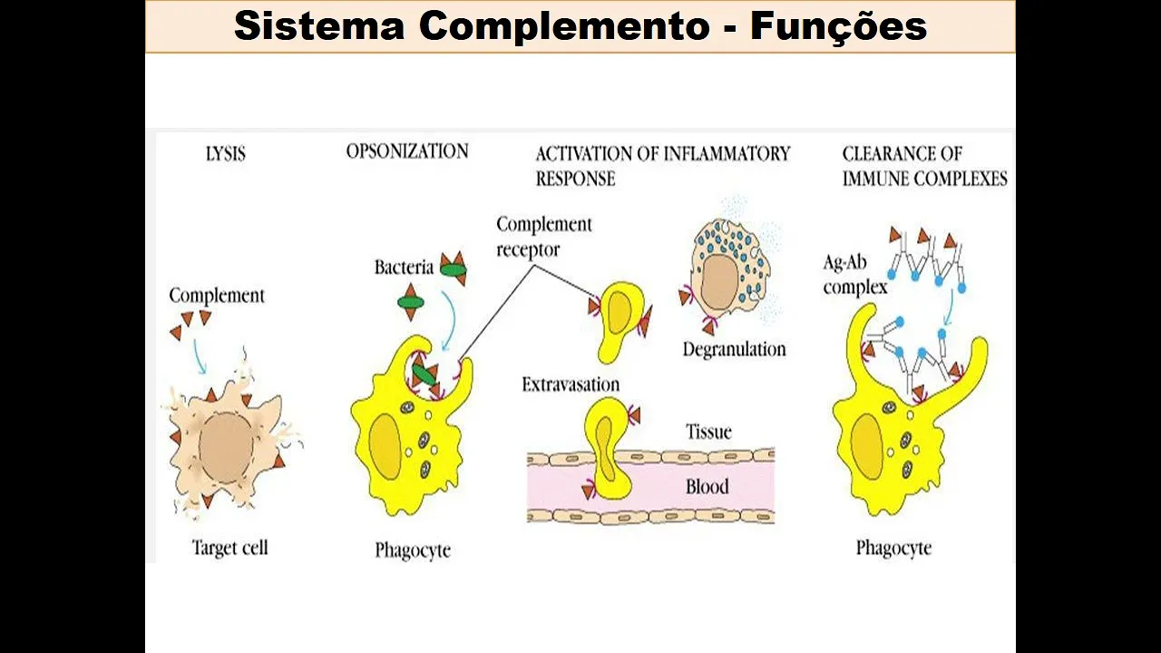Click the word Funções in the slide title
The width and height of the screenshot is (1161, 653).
click(x=838, y=25)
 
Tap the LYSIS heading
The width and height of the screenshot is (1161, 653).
click(x=225, y=153)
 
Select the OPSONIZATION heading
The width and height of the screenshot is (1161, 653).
click(x=407, y=151)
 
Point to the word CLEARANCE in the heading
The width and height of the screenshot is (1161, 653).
click(x=902, y=153)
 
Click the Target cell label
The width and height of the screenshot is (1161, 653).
click(x=229, y=548)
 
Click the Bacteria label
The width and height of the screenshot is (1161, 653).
click(x=404, y=268)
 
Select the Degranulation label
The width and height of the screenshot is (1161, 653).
click(x=734, y=349)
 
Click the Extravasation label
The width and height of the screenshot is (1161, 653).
click(x=571, y=385)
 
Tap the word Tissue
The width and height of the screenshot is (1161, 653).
click(x=708, y=432)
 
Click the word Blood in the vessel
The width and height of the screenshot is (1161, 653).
click(x=707, y=487)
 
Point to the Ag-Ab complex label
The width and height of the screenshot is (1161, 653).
click(x=854, y=275)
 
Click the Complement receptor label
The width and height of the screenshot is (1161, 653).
click(x=543, y=236)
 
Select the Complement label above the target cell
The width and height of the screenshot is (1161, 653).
click(x=217, y=296)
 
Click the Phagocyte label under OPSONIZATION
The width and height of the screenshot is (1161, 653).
click(x=413, y=551)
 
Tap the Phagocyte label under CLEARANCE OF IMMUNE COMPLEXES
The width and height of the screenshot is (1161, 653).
click(x=893, y=548)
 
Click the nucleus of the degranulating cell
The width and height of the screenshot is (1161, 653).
click(x=721, y=282)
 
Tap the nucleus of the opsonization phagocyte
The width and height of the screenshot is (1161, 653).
click(x=385, y=445)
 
